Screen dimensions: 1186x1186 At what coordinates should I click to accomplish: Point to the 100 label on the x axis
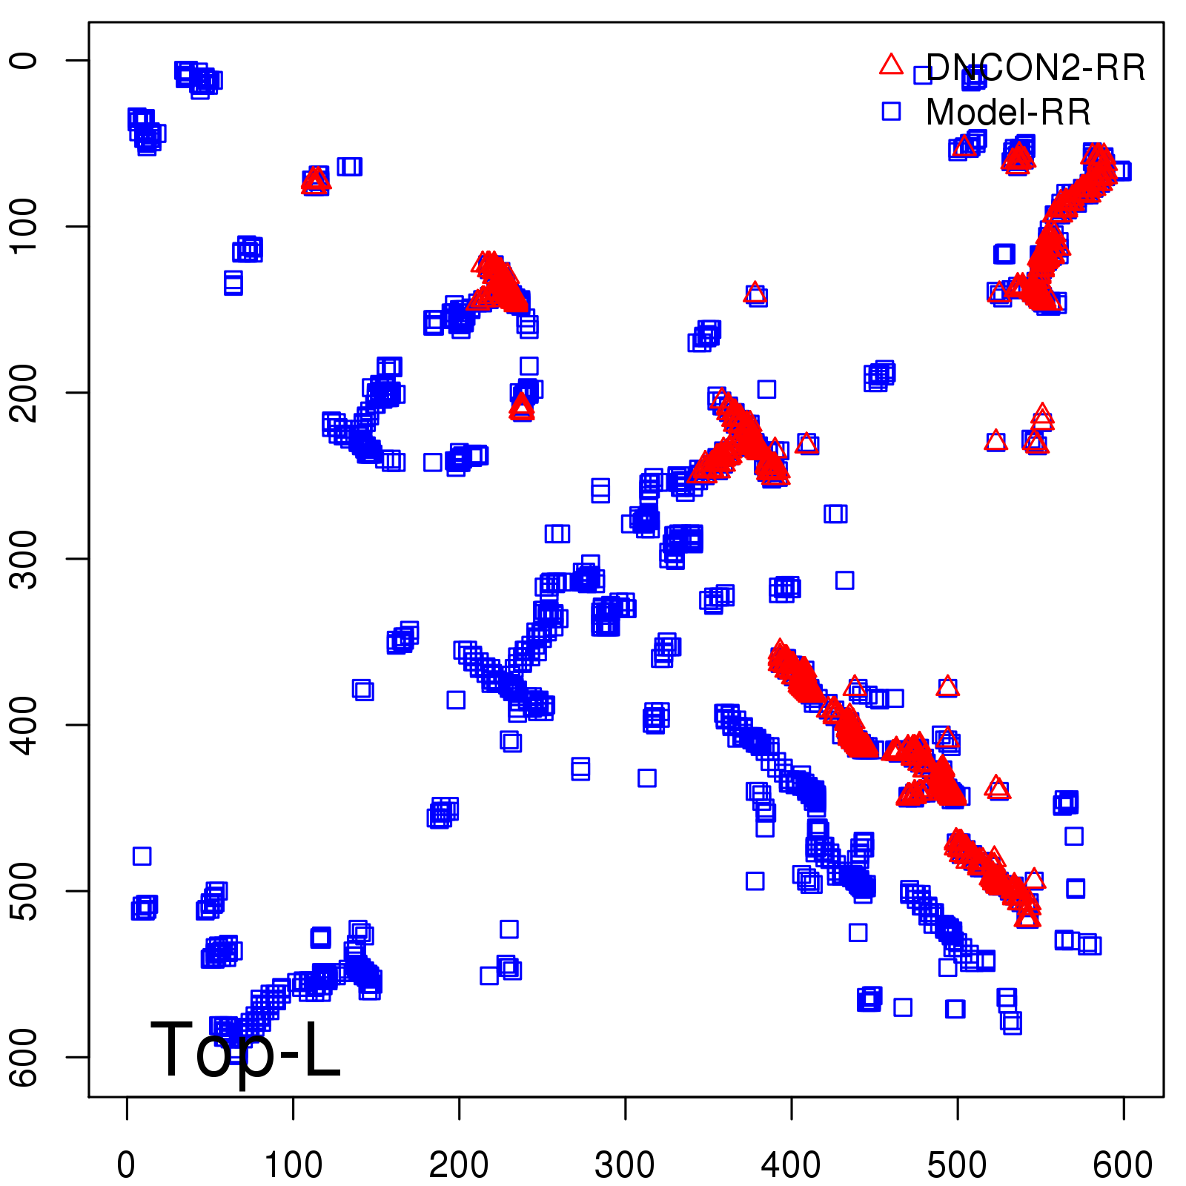pos(293,1165)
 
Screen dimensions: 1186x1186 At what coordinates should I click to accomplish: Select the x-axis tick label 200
pos(459,1165)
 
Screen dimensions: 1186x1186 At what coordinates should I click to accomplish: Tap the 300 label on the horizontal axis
pos(625,1165)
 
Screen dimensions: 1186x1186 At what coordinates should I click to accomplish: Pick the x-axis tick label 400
pos(791,1165)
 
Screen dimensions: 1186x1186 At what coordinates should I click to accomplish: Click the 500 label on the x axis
pos(957,1165)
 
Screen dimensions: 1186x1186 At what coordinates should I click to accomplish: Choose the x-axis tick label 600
pos(1123,1165)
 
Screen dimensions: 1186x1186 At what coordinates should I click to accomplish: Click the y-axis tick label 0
pos(25,60)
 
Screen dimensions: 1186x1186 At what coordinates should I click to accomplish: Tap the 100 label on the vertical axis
pos(25,226)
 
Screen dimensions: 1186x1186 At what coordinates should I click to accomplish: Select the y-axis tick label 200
pos(25,392)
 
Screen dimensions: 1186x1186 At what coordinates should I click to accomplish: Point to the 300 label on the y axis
pos(25,558)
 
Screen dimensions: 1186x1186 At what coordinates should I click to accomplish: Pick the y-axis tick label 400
pos(25,724)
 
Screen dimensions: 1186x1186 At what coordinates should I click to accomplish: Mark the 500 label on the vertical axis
pos(25,890)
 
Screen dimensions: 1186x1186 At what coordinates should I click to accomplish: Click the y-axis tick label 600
pos(25,1056)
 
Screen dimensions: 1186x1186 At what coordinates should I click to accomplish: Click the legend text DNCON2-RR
pos(1036,68)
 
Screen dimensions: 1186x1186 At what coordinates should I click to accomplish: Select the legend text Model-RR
pos(1008,113)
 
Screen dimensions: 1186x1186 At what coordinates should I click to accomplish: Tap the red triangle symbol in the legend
pos(891,65)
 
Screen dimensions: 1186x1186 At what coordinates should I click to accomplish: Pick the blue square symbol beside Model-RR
pos(891,111)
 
